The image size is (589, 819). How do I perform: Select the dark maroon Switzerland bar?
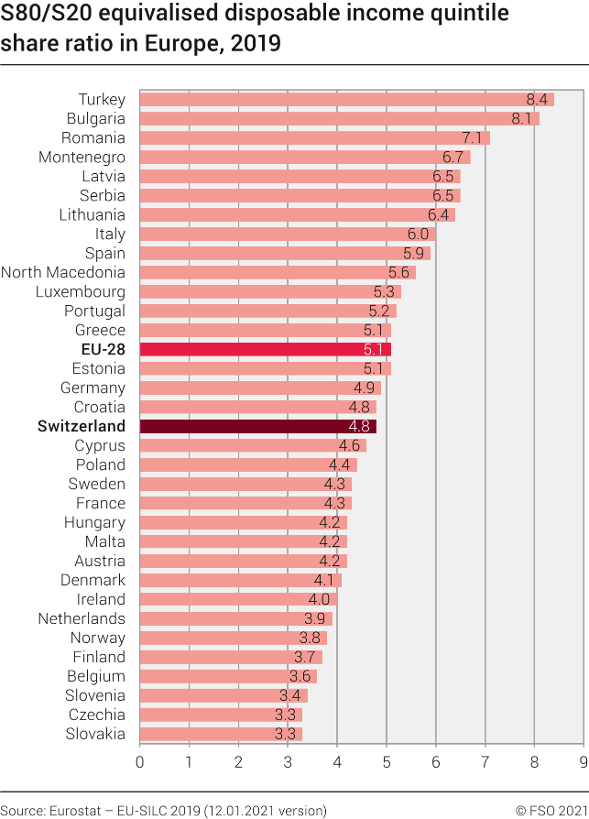pyautogui.click(x=257, y=426)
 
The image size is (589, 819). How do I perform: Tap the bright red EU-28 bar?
pyautogui.click(x=265, y=349)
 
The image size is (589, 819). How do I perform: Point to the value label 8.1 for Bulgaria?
pyautogui.click(x=522, y=118)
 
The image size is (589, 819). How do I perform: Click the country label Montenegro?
pyautogui.click(x=82, y=157)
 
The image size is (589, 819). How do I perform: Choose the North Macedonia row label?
pyautogui.click(x=63, y=272)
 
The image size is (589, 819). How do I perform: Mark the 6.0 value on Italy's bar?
pyautogui.click(x=419, y=234)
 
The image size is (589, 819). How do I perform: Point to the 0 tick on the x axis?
pyautogui.click(x=139, y=761)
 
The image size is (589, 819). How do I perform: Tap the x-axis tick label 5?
pyautogui.click(x=386, y=761)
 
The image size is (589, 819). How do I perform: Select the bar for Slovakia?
pyautogui.click(x=221, y=734)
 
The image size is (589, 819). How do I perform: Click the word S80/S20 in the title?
pyautogui.click(x=49, y=16)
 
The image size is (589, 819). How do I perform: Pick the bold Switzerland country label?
pyautogui.click(x=82, y=426)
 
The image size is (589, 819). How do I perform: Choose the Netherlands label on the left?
pyautogui.click(x=82, y=618)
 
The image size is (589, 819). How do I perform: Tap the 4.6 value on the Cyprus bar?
pyautogui.click(x=349, y=445)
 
